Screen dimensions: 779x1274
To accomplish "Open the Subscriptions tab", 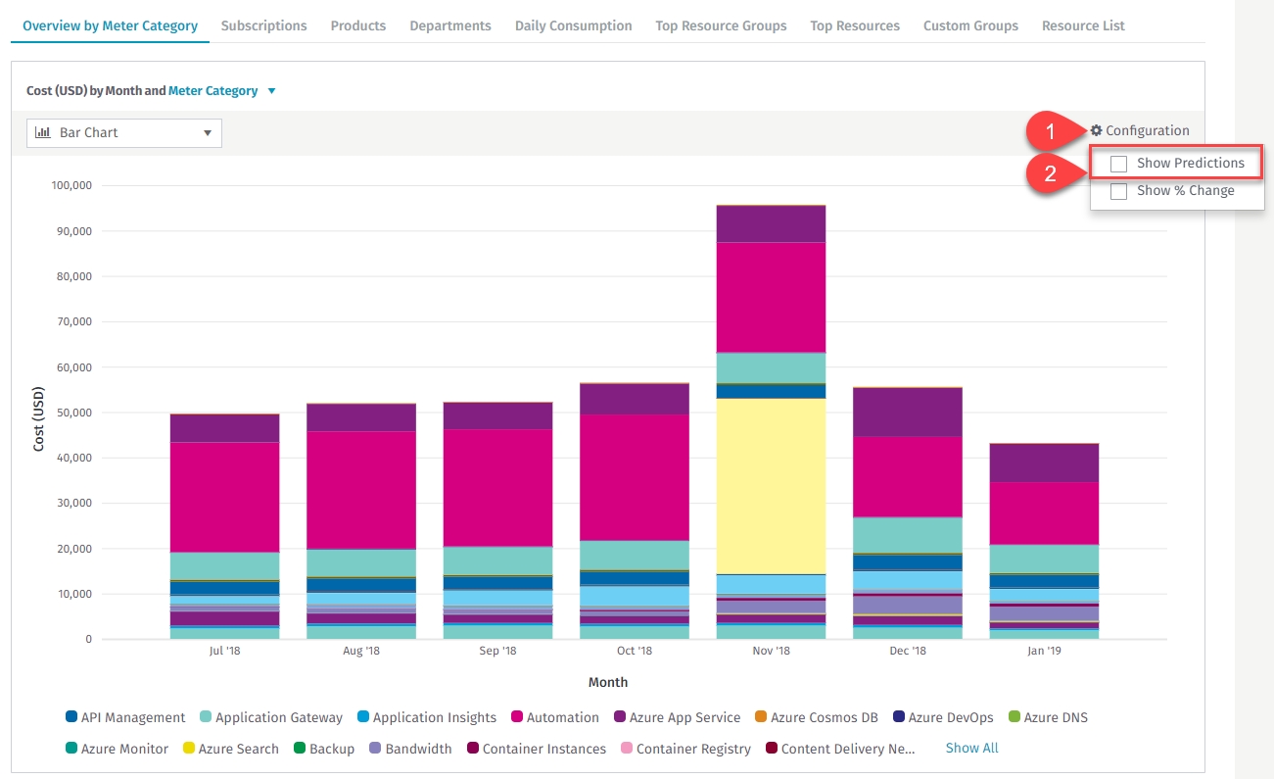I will (263, 26).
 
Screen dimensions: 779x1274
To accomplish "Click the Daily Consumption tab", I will (573, 26).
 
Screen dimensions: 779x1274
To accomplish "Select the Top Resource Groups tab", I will (721, 26).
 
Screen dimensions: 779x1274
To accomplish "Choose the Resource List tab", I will (1083, 26).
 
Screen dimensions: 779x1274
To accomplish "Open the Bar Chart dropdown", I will (124, 133).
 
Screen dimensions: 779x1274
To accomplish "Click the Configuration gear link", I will (1140, 131).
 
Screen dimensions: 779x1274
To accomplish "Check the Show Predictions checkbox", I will (1118, 164).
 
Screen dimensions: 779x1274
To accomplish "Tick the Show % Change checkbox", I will (1118, 192).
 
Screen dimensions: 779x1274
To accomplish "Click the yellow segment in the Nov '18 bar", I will (771, 485).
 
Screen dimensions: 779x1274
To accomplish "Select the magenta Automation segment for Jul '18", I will (224, 497).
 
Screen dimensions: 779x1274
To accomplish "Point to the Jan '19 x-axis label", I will (1044, 652).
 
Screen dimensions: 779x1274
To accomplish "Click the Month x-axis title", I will (608, 683).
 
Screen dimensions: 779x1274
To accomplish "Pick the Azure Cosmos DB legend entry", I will (824, 718).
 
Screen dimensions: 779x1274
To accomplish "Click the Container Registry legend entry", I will (692, 750).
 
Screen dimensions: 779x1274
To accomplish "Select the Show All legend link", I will (971, 749).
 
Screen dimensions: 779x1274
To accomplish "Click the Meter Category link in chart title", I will (213, 91).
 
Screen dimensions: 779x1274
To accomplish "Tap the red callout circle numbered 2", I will (1050, 175).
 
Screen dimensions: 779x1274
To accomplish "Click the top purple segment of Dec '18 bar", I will (908, 412).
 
